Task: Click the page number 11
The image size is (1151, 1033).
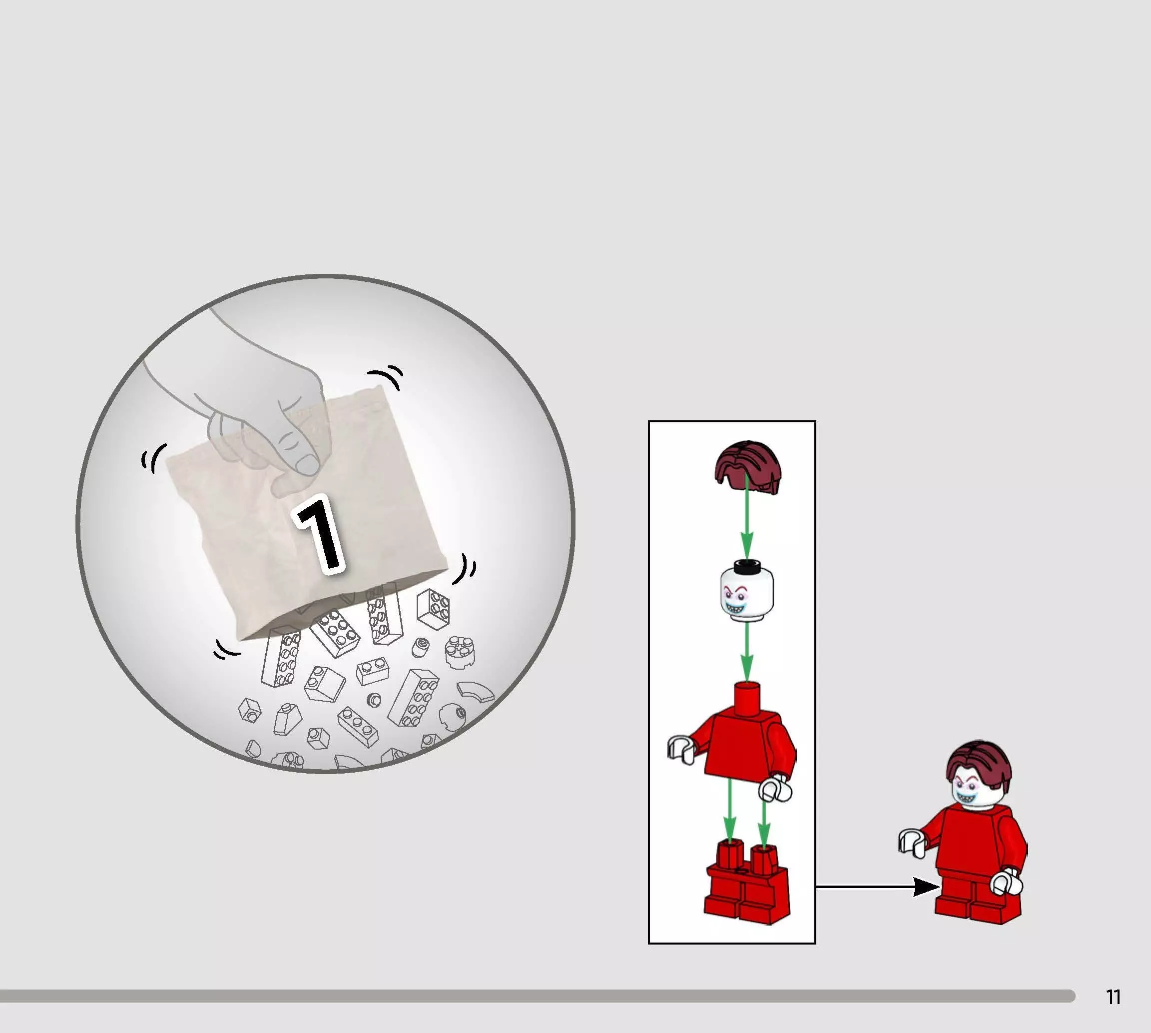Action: tap(1113, 997)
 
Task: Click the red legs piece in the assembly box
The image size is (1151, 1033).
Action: tap(746, 882)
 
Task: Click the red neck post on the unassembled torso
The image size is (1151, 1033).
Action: tap(747, 698)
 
